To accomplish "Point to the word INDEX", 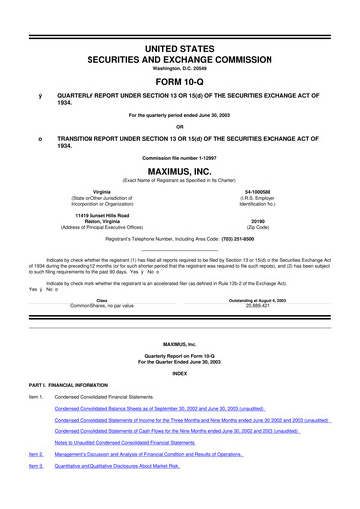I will coord(179,374).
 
